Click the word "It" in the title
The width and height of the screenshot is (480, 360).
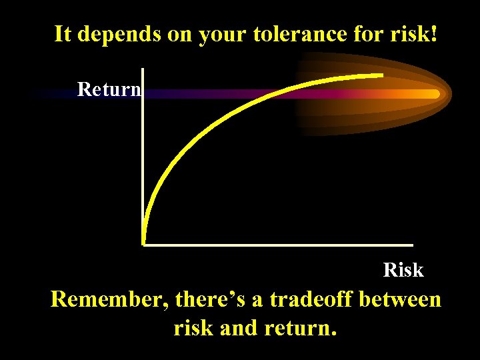pos(62,34)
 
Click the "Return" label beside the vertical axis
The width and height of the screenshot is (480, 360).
pos(109,89)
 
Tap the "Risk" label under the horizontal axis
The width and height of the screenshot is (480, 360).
pos(403,270)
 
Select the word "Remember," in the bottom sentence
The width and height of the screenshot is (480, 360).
pos(110,300)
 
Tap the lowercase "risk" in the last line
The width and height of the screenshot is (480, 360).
pos(195,328)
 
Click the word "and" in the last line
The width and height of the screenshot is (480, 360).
pos(242,328)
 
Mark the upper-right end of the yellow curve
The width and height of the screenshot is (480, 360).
pos(382,75)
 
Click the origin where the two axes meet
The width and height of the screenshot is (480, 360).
pos(144,244)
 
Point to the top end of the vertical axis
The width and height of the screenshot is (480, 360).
pos(143,69)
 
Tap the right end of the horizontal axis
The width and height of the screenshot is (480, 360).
pos(412,245)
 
